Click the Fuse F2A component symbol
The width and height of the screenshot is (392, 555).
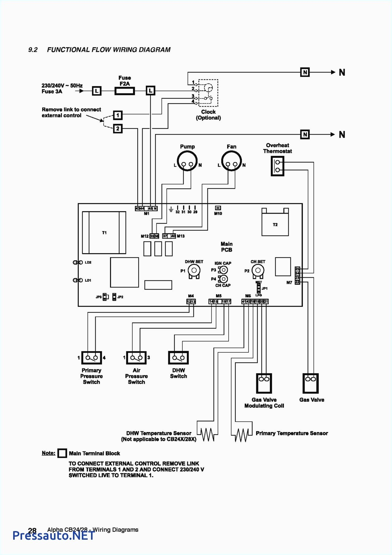[124, 91]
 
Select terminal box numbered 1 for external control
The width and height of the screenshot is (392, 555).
[118, 116]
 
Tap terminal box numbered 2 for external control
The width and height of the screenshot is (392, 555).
[118, 128]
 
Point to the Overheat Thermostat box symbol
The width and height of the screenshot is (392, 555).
[277, 166]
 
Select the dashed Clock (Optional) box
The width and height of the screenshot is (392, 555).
[208, 93]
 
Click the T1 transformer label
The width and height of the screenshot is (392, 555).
[104, 233]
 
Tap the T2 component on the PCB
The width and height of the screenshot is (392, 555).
[275, 225]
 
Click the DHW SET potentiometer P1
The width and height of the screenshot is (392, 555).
[194, 271]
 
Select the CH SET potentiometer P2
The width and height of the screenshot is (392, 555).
[258, 271]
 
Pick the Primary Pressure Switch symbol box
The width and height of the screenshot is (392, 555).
[91, 358]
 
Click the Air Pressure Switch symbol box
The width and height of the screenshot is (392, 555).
[136, 358]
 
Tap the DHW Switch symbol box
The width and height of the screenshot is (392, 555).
[178, 358]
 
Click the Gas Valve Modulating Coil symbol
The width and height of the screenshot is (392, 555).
[264, 383]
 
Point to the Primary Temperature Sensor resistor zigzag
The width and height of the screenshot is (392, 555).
[242, 435]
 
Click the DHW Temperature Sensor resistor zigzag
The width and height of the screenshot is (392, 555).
[207, 434]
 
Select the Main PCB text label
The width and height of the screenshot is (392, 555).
[226, 247]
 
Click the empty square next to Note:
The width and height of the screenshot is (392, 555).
[62, 453]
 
